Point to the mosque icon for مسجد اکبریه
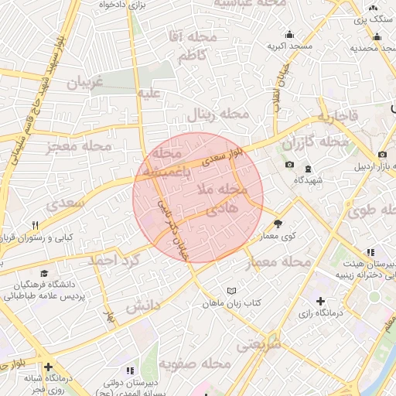pyautogui.click(x=289, y=34)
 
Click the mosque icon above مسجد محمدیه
pyautogui.click(x=377, y=36)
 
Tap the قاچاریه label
pyautogui.click(x=336, y=118)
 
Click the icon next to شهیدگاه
pyautogui.click(x=308, y=169)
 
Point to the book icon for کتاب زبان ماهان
pyautogui.click(x=229, y=290)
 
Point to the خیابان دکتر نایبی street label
pyautogui.click(x=173, y=226)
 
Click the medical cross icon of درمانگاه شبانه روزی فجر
pyautogui.click(x=49, y=367)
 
